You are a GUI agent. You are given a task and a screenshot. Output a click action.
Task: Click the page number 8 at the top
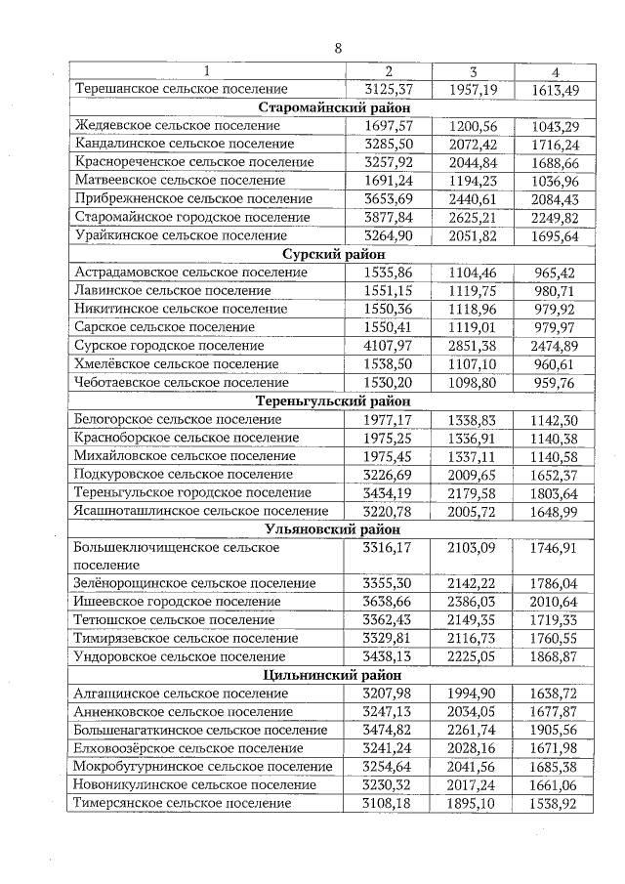tap(338, 48)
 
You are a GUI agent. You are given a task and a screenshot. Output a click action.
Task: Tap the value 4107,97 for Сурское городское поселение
tap(388, 346)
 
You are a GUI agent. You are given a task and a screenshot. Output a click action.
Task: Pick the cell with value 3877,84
tap(388, 217)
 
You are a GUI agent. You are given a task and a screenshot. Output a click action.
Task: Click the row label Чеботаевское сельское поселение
tap(182, 382)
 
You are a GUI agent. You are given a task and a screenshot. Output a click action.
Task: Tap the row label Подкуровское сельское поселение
tap(183, 474)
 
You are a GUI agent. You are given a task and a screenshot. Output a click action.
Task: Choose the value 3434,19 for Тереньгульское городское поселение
tap(388, 492)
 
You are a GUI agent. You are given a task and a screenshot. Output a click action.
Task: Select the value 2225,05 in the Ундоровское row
tap(473, 656)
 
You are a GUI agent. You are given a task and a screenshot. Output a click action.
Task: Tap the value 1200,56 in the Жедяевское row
tap(473, 126)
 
